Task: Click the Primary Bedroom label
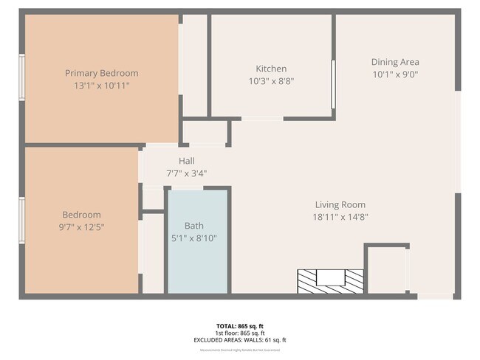102,73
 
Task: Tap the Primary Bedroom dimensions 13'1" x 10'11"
102,86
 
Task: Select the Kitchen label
271,69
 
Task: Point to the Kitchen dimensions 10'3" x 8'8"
271,81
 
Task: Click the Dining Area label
395,62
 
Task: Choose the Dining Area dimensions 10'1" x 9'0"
395,75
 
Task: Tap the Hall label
186,161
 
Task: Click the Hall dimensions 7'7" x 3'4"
186,173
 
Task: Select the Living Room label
340,204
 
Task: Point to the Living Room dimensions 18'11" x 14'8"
340,217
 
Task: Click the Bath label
194,226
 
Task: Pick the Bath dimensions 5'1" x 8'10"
194,238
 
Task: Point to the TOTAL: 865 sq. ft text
239,325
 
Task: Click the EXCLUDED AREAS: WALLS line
239,340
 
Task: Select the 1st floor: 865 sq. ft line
239,333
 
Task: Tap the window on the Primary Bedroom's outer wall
22,77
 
